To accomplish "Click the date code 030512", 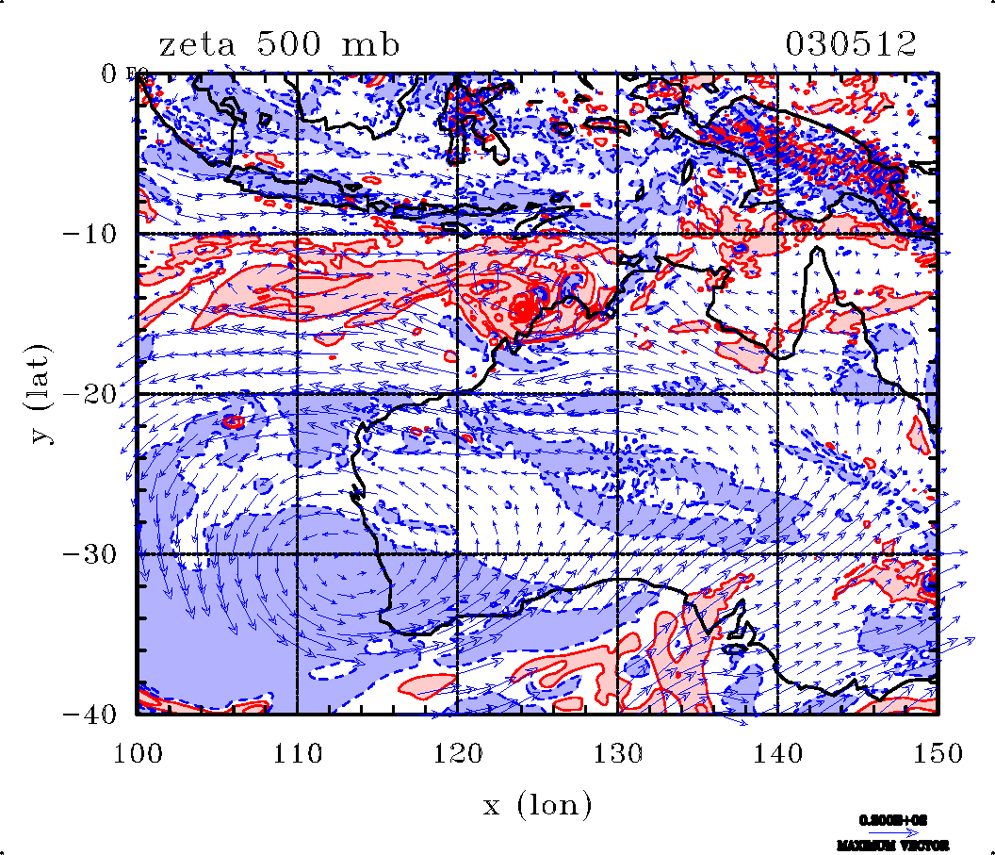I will point(851,45).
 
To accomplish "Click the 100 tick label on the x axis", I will point(138,754).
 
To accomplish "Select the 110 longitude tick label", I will point(297,754).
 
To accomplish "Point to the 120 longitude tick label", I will point(457,754).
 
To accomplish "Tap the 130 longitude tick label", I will point(617,754).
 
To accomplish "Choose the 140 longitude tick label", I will point(777,754).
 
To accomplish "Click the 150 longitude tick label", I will point(937,754).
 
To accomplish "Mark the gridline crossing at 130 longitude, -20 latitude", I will point(617,394).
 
